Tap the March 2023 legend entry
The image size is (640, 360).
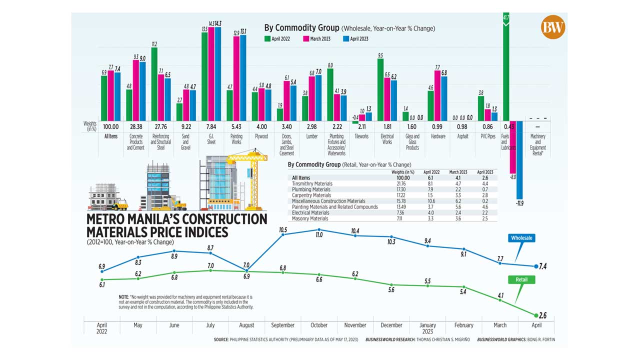(319, 38)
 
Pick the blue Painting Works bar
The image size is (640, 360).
(243, 77)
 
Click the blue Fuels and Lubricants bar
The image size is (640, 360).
(519, 159)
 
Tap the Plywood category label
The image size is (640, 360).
(261, 136)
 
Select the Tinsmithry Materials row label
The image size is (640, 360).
(312, 184)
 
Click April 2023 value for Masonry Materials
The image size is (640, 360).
(484, 218)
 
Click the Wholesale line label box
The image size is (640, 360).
(521, 238)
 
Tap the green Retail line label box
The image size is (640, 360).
(522, 279)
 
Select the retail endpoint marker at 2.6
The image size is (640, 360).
(536, 315)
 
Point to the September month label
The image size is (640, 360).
(282, 325)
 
